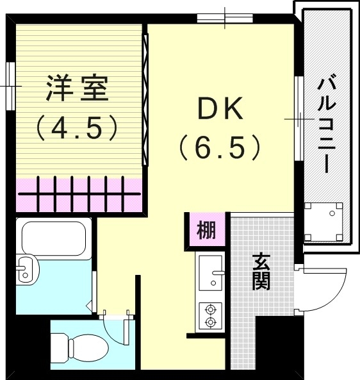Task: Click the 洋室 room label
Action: (x=76, y=89)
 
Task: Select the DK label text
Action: (x=220, y=110)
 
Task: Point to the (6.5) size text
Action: (x=220, y=147)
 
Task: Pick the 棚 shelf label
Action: (x=205, y=230)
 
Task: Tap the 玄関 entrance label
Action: (x=260, y=272)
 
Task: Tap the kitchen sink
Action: (x=211, y=272)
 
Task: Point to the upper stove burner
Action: (x=209, y=309)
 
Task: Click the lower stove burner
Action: (x=209, y=322)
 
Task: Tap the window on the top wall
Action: (x=225, y=17)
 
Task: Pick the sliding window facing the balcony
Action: (x=299, y=118)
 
